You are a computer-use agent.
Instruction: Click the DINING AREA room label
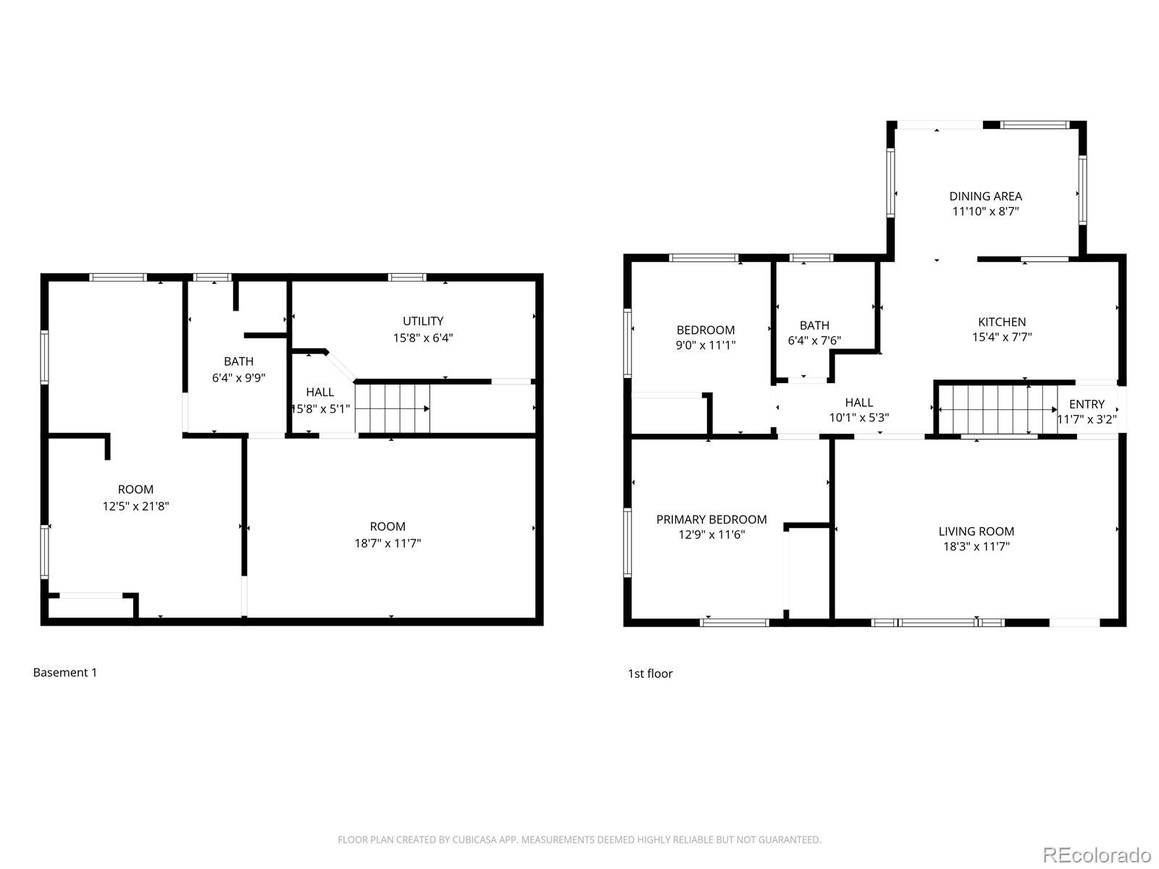coord(985,196)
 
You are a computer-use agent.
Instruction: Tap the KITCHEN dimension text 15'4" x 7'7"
coord(1002,337)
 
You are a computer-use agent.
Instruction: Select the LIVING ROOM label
coord(976,531)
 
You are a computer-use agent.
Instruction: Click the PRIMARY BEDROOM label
coord(711,519)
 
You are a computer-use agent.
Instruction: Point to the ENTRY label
coord(1087,404)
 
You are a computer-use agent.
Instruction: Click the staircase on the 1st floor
coord(996,409)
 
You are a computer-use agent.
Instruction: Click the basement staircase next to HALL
coord(392,409)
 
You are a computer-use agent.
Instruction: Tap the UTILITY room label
coord(423,321)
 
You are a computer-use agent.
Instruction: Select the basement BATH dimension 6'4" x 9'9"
coord(238,377)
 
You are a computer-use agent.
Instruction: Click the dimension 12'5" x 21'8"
coord(135,506)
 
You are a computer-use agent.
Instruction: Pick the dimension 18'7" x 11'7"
coord(388,543)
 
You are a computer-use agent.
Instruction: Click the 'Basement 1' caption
coord(65,673)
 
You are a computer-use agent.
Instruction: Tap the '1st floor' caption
coord(650,673)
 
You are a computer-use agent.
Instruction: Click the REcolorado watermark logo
coord(1097,855)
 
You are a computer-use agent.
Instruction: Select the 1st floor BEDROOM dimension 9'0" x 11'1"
coord(705,345)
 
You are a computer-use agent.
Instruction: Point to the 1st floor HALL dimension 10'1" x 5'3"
coord(858,418)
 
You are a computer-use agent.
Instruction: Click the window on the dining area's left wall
coord(891,182)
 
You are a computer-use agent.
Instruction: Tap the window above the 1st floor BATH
coord(811,258)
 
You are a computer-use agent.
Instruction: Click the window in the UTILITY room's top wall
coord(406,277)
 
